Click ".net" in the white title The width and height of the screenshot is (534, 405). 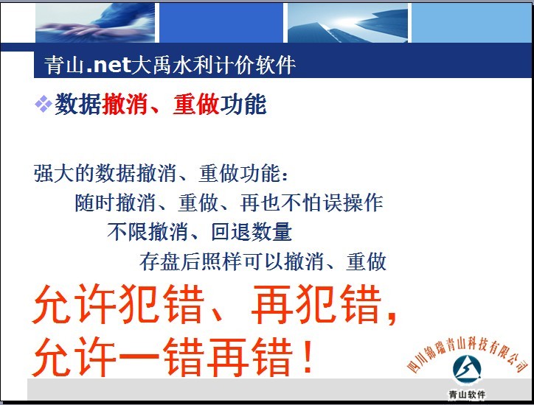pos(109,65)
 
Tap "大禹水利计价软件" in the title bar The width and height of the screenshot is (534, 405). pos(213,65)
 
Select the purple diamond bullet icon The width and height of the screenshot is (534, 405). pos(44,104)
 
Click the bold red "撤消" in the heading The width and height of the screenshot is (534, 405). pos(125,104)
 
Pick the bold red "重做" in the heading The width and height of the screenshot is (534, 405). pos(196,104)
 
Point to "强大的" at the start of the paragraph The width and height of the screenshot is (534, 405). pos(64,174)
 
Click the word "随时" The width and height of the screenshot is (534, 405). pos(95,202)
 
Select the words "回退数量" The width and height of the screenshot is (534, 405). pos(252,232)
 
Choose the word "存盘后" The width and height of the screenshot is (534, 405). pos(170,261)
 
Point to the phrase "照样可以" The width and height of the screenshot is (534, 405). pos(242,261)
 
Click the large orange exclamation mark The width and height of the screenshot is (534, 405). pos(308,356)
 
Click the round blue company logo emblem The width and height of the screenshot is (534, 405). pos(467,370)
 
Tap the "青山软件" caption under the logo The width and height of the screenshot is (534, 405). pos(467,395)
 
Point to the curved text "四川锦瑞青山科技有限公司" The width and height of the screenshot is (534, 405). pos(468,353)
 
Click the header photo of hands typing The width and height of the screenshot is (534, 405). pos(95,23)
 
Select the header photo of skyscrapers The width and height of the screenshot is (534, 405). pos(347,23)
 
